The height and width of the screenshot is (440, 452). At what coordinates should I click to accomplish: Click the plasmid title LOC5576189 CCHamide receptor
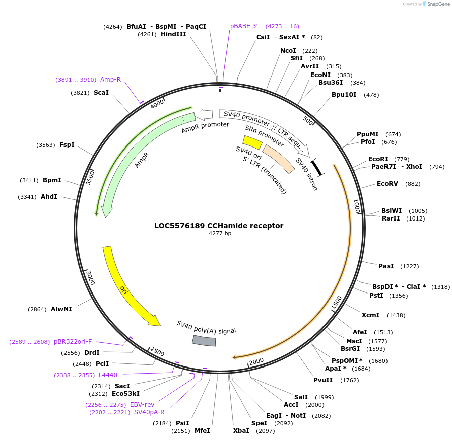(x=219, y=226)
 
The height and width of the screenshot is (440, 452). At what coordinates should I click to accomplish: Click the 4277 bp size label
(x=220, y=233)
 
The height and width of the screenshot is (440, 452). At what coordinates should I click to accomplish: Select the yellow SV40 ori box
(x=252, y=142)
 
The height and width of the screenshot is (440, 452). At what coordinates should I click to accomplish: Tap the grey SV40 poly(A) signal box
(x=204, y=341)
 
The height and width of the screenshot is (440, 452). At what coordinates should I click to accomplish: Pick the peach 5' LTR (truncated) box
(x=279, y=159)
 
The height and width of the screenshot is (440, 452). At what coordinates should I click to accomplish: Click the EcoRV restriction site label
(x=387, y=184)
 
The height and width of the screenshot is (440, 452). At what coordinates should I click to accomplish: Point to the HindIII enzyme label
(x=173, y=34)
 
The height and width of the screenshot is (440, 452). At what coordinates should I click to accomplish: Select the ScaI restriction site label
(x=101, y=93)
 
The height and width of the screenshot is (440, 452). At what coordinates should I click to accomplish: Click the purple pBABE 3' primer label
(x=244, y=26)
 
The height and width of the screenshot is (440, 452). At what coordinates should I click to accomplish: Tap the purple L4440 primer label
(x=108, y=375)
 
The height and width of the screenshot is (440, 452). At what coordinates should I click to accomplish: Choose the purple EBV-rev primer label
(x=142, y=404)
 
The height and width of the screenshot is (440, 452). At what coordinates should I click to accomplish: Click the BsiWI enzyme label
(x=392, y=211)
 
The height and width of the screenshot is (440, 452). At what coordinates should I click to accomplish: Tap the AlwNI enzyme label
(x=61, y=309)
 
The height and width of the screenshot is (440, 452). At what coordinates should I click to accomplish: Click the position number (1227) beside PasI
(x=409, y=266)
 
